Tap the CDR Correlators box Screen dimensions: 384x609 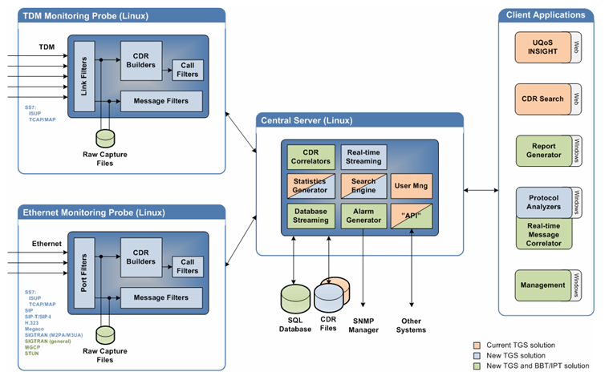[x=311, y=156]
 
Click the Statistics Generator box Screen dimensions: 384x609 [x=311, y=186]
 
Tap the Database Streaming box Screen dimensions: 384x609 [x=311, y=215]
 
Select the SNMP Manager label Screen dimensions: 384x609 [x=363, y=325]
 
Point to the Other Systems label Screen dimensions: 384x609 [x=412, y=325]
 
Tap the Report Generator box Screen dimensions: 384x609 [x=543, y=151]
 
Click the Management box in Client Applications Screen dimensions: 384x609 [x=543, y=285]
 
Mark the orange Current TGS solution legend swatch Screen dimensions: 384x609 [x=477, y=345]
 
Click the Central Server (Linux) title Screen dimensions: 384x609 [x=306, y=120]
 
